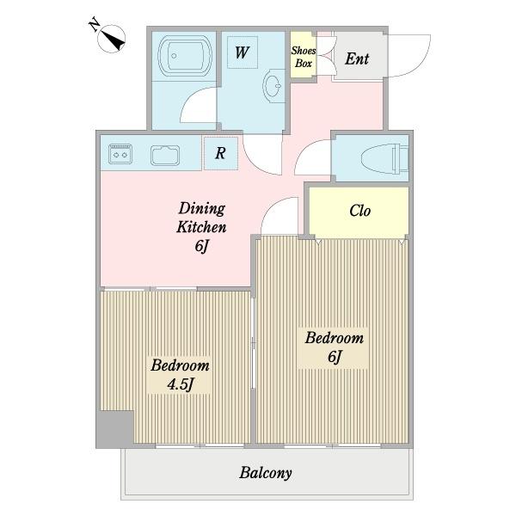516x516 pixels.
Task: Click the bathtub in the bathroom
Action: click(x=185, y=56)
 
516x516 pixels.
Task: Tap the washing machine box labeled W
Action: click(x=243, y=52)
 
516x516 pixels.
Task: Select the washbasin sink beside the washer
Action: click(x=273, y=86)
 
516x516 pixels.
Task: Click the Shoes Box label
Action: click(x=303, y=57)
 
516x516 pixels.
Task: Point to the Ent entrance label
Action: click(x=357, y=58)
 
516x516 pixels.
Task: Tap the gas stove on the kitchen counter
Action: click(x=120, y=154)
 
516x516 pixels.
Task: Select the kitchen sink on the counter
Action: click(x=165, y=155)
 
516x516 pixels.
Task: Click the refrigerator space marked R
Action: click(x=221, y=153)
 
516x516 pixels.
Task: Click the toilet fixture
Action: click(x=384, y=158)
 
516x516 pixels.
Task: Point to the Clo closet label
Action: click(x=359, y=211)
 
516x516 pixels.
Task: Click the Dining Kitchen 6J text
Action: click(x=201, y=227)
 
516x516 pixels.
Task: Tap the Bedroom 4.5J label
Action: click(x=180, y=375)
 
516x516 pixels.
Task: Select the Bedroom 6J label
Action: click(x=334, y=347)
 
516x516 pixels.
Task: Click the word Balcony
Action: click(x=266, y=473)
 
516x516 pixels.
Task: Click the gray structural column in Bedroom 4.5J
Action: click(x=115, y=429)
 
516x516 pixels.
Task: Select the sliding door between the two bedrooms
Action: click(x=253, y=343)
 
